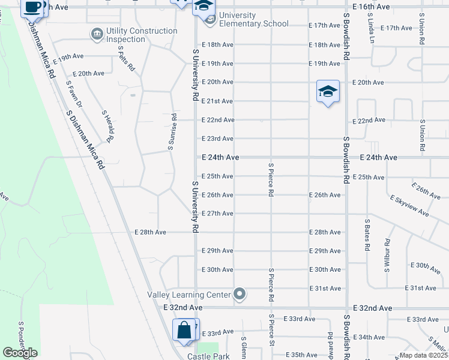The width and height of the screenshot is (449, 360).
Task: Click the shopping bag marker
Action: (x=183, y=330)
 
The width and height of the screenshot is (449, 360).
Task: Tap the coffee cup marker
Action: (x=33, y=8)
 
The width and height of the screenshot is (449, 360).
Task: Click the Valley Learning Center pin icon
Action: (x=240, y=294)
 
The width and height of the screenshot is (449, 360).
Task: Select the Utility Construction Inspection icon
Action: (x=97, y=34)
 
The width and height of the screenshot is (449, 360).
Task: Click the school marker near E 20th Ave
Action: (x=328, y=91)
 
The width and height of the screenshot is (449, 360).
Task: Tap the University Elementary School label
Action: (x=254, y=19)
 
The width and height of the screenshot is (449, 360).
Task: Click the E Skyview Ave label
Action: (x=409, y=206)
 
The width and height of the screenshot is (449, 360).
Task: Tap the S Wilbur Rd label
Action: (x=387, y=256)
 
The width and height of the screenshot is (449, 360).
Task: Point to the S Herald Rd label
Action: (x=107, y=127)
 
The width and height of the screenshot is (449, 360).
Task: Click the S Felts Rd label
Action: (x=125, y=59)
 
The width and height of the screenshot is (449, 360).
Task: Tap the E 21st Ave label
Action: (x=217, y=101)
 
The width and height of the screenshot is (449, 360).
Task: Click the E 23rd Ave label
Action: (x=217, y=139)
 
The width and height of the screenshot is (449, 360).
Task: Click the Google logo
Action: (x=20, y=352)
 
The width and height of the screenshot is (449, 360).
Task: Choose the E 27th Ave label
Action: (x=217, y=213)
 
